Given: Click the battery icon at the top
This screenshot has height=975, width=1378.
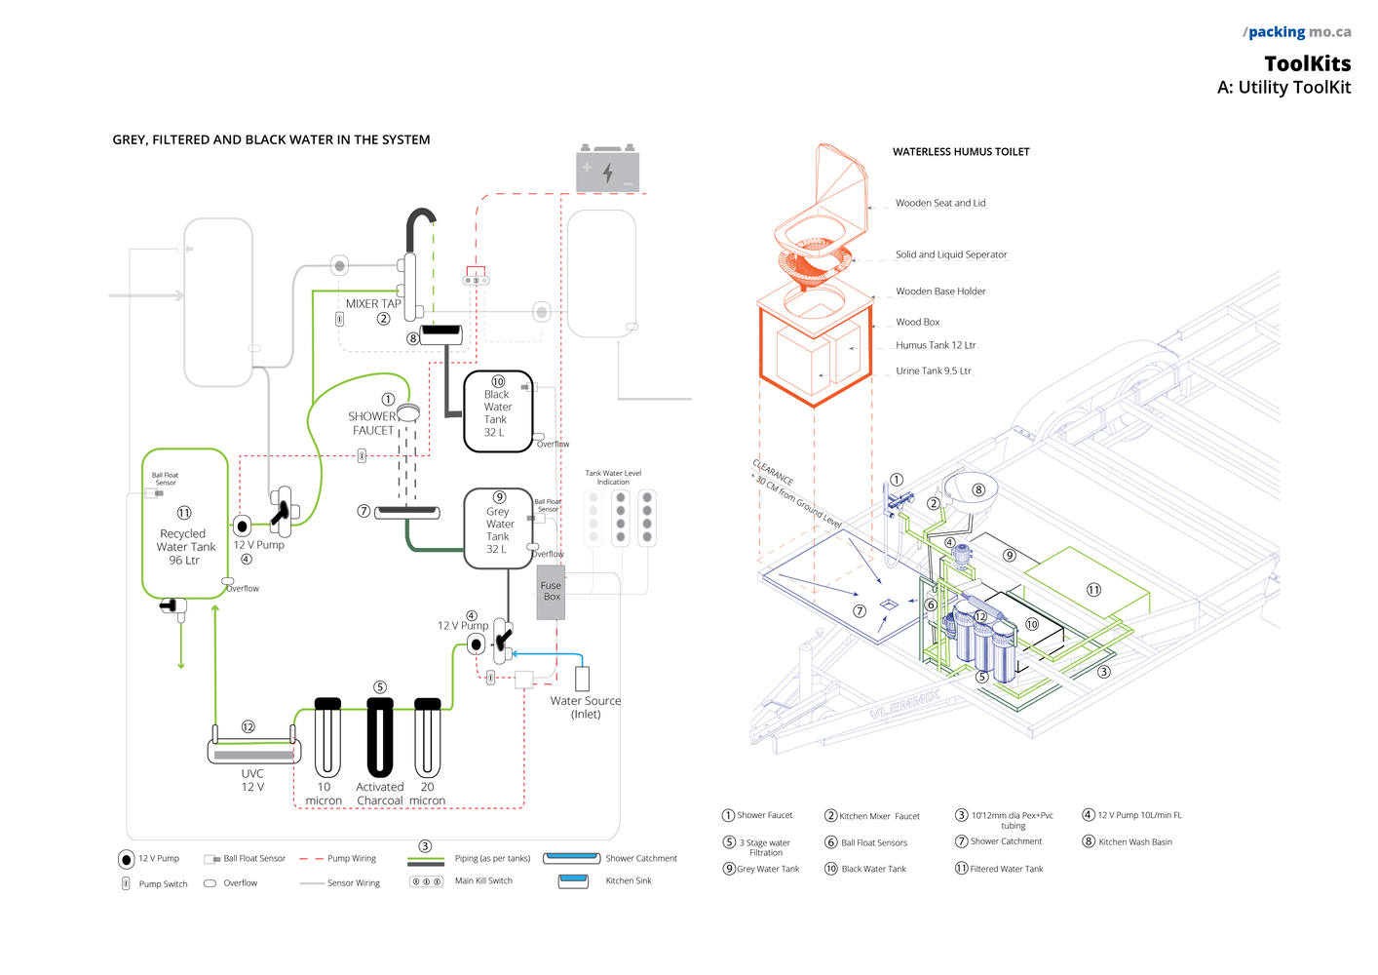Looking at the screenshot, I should click(607, 170).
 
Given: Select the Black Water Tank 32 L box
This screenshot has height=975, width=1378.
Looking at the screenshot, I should click(498, 411).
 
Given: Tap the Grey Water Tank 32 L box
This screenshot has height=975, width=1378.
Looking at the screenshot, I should click(498, 528).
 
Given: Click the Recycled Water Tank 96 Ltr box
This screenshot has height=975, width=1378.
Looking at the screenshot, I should click(185, 524).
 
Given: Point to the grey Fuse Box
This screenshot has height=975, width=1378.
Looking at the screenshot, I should click(551, 592).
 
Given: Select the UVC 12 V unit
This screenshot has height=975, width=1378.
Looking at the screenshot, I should click(253, 751).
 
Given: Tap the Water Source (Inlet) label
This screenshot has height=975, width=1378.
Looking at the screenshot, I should click(585, 707).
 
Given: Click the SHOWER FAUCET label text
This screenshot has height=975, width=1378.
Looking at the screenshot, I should click(372, 423).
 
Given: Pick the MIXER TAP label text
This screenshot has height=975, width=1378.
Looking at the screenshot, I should click(373, 304).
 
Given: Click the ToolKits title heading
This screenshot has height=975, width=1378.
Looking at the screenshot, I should click(1307, 64).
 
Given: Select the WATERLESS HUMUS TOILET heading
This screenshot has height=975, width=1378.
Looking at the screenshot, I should click(961, 152).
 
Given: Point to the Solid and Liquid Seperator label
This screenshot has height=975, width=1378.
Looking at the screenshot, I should click(951, 254).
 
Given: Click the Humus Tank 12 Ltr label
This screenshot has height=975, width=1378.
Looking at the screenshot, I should click(936, 345).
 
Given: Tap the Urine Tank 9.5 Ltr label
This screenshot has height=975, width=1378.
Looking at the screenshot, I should click(934, 370).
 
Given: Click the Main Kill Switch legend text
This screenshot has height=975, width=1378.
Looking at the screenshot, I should click(483, 880).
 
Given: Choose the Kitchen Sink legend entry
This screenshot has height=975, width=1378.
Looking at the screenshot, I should click(629, 880).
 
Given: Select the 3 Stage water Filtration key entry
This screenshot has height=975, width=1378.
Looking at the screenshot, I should click(765, 847).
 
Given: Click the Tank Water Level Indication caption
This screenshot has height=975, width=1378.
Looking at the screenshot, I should click(613, 477).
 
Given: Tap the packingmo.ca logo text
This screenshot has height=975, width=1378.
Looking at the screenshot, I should click(1298, 32).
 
